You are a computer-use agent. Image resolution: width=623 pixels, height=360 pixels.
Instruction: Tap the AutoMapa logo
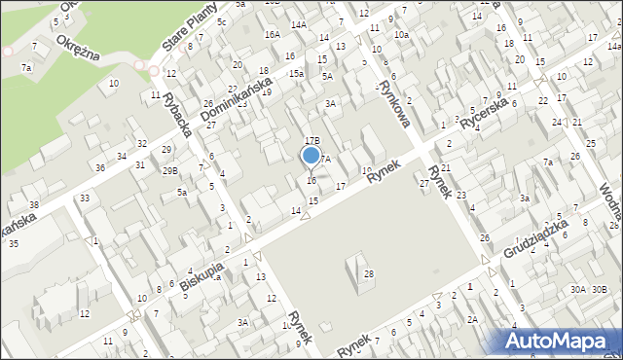(x=559, y=340)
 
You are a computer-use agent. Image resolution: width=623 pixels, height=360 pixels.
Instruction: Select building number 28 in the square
(x=369, y=274)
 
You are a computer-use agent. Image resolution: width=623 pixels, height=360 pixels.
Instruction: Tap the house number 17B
(x=312, y=141)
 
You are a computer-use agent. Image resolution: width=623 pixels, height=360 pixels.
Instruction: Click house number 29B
(x=170, y=171)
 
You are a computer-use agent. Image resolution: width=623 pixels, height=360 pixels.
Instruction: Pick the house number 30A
(x=579, y=289)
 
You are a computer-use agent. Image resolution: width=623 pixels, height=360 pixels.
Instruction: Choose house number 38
(x=34, y=204)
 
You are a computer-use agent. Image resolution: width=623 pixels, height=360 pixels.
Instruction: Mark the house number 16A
(x=272, y=34)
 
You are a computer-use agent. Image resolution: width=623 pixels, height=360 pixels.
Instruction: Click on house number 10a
(x=401, y=35)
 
